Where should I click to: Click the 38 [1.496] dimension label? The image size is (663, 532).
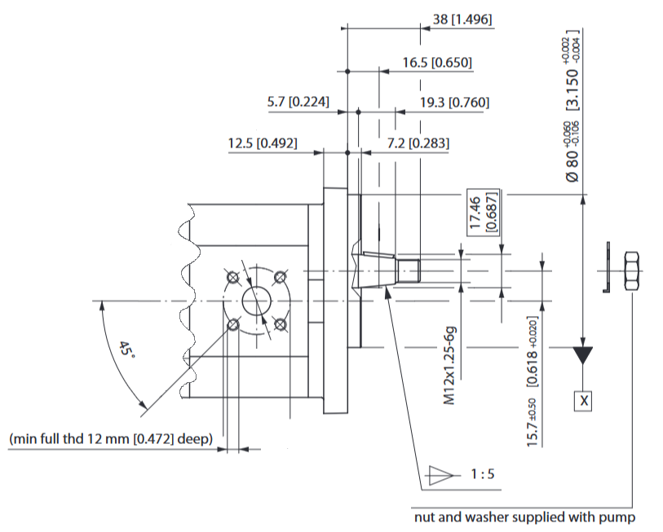462,20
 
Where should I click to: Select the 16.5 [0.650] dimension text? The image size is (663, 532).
437,63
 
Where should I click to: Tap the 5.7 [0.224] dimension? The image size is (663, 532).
298,102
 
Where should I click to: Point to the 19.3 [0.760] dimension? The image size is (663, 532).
454,103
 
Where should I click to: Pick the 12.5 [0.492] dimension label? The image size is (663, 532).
263,143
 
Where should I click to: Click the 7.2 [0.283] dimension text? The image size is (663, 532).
418,143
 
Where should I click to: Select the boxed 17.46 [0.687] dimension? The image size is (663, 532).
484,212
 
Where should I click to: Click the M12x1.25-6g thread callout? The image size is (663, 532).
450,365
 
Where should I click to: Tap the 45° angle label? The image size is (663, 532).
126,349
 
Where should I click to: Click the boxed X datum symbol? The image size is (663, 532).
583,401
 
